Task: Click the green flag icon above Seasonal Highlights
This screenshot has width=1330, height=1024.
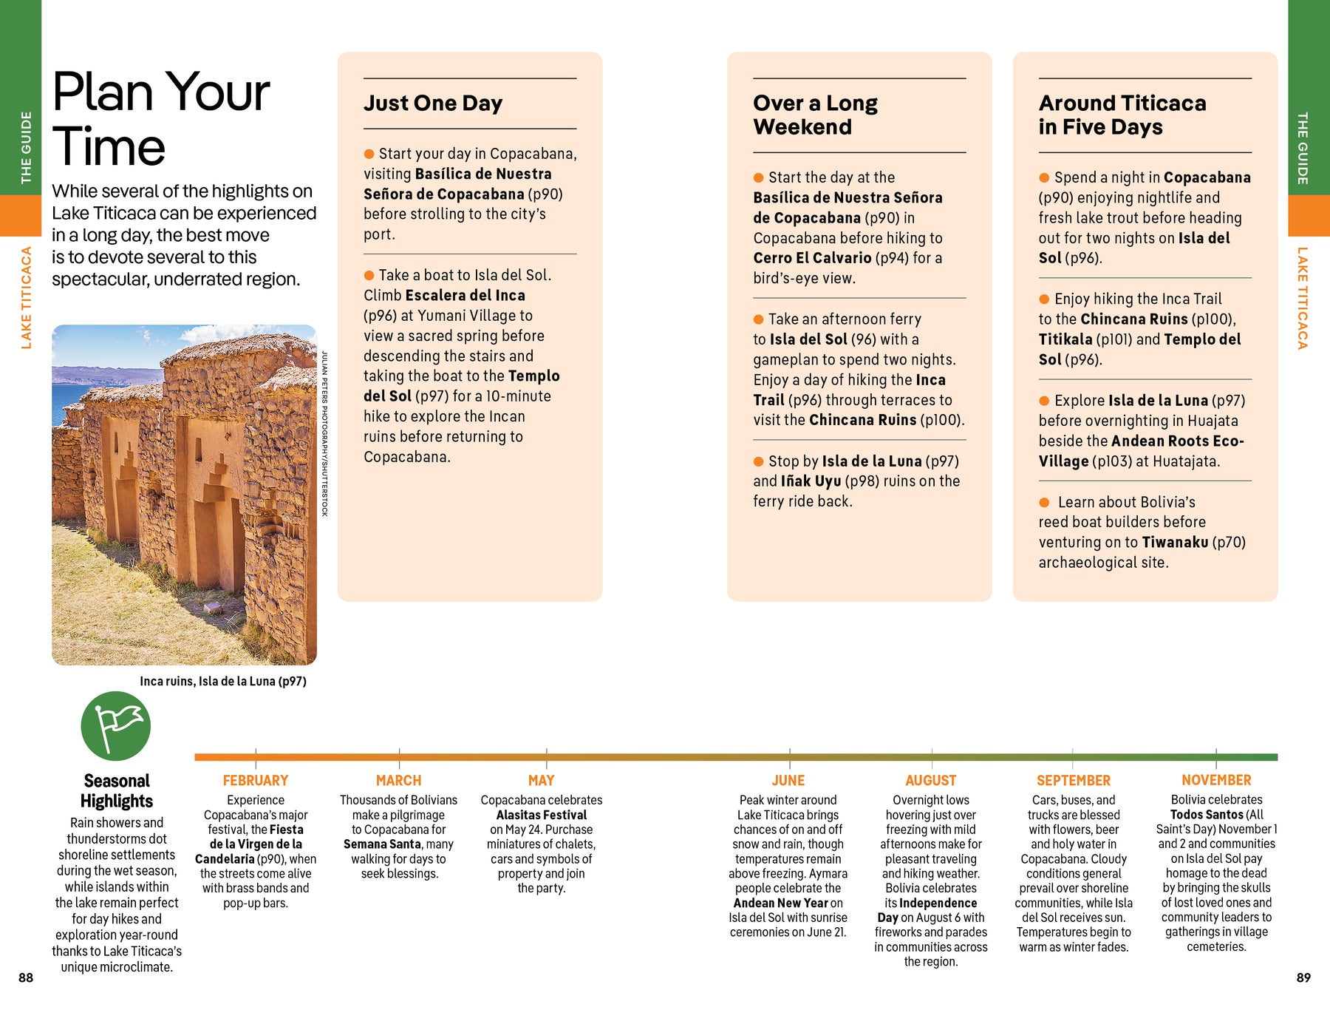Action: [x=115, y=726]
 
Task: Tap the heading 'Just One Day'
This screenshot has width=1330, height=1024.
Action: [x=433, y=104]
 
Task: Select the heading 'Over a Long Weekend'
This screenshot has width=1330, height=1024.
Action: [x=816, y=115]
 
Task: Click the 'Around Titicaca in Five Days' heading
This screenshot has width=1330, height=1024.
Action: [x=1122, y=115]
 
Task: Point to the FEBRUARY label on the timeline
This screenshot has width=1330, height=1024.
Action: [x=256, y=781]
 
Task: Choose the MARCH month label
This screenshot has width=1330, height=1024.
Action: [x=398, y=781]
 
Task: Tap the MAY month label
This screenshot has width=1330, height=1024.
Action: [x=541, y=781]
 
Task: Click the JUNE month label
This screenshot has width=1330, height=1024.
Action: [x=788, y=781]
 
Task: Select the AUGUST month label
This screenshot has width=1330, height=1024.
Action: [x=930, y=781]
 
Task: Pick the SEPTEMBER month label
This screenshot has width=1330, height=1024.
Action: [x=1073, y=781]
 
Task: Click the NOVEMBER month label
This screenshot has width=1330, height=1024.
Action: [x=1216, y=781]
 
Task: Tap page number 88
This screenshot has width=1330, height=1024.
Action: [x=26, y=978]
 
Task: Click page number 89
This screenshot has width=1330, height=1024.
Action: [x=1303, y=978]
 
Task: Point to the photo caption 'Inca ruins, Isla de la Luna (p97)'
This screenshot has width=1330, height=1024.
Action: [x=223, y=682]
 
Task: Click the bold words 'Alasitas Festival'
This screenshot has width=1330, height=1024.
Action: [x=541, y=815]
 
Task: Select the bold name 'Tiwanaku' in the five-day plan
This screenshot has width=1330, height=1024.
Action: [x=1175, y=543]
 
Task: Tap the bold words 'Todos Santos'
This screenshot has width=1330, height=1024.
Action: [x=1207, y=815]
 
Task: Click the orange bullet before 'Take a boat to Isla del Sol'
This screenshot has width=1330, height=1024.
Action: [x=369, y=276]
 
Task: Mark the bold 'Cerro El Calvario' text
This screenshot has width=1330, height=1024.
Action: [x=812, y=258]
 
